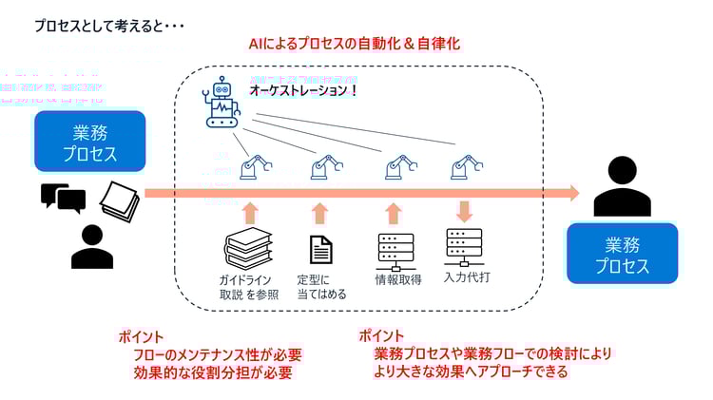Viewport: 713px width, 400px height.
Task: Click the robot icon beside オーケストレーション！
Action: point(223,104)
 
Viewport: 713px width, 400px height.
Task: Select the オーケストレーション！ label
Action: point(303,90)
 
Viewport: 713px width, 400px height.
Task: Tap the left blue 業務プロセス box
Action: point(89,142)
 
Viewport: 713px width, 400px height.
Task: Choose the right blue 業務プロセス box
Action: point(623,253)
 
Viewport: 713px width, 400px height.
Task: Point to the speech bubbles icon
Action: point(63,198)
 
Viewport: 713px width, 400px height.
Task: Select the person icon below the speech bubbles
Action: point(91,246)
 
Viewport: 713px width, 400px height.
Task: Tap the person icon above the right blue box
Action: point(622,185)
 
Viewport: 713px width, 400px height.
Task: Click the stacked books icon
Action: point(249,250)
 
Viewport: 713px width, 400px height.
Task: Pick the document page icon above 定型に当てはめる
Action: point(321,250)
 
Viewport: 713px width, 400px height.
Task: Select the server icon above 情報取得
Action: point(395,249)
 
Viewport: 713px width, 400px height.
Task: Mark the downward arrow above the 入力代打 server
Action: point(464,211)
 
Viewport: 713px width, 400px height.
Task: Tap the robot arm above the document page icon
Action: point(323,168)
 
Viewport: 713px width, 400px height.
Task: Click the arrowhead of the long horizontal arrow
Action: point(571,193)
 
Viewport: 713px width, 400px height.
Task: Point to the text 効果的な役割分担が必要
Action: point(213,373)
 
